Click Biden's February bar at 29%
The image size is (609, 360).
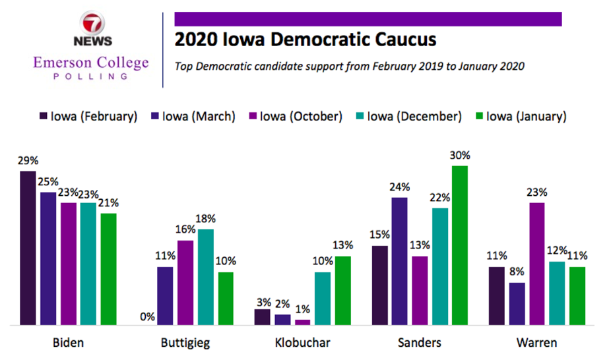pyautogui.click(x=28, y=248)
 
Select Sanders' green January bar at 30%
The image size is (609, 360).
pyautogui.click(x=460, y=245)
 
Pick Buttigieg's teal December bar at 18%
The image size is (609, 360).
pyautogui.click(x=206, y=277)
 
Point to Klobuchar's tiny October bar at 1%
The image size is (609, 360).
pyautogui.click(x=303, y=322)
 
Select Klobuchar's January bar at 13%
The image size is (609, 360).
pyautogui.click(x=342, y=291)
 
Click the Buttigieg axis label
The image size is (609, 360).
pyautogui.click(x=186, y=343)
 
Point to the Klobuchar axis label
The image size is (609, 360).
pyautogui.click(x=303, y=343)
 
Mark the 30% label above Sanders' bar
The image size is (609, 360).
pyautogui.click(x=460, y=156)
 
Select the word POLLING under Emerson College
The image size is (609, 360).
pyautogui.click(x=92, y=76)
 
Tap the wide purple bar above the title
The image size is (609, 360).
pyautogui.click(x=368, y=18)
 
